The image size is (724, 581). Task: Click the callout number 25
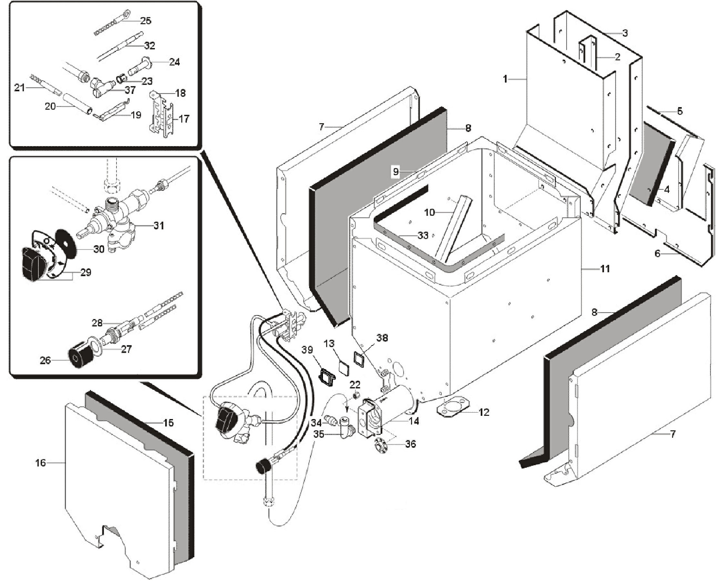coord(146,21)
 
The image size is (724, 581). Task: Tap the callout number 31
coord(158,225)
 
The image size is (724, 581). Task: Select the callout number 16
coord(40,463)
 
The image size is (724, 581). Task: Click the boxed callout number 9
coord(396,172)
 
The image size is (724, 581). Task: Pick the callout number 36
coord(410,444)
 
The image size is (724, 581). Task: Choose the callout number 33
coord(423,235)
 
